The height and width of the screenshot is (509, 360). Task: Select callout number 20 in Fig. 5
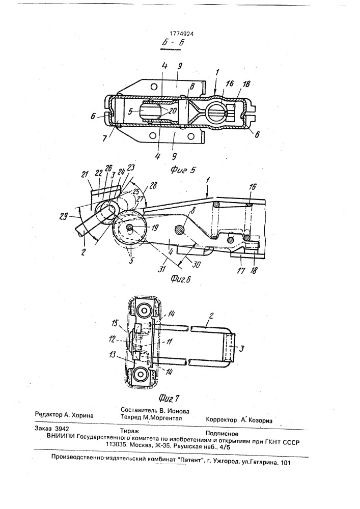point(173,110)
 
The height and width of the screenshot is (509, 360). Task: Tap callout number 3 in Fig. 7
point(241,349)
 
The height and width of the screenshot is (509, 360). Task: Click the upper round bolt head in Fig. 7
point(142,311)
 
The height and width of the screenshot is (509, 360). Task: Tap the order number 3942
point(62,429)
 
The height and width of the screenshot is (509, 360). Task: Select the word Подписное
point(221,433)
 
